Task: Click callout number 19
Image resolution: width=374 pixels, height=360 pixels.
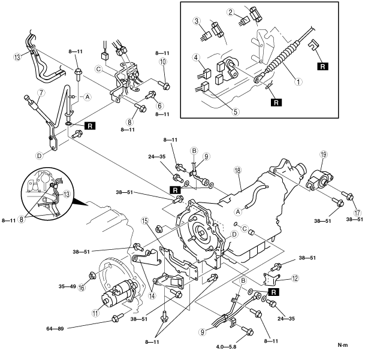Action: point(324,155)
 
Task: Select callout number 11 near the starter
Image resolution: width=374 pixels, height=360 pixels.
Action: point(96,313)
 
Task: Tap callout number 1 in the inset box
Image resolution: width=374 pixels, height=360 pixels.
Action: point(298,82)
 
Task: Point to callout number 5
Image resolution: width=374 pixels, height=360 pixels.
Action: point(236,111)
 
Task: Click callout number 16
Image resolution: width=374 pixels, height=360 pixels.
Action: point(82,288)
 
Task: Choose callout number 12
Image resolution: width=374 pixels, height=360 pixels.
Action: point(295,278)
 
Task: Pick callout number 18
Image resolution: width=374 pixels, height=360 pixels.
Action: point(238,170)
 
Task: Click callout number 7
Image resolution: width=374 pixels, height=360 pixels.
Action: point(41,93)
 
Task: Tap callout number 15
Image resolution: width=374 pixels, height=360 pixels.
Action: point(145,221)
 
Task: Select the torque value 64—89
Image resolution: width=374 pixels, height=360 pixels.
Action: point(55,329)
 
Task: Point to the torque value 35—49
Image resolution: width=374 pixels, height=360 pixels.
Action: point(67,286)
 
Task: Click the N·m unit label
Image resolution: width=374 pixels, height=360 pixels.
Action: point(343,345)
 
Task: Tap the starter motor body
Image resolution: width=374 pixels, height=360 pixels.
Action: point(117,293)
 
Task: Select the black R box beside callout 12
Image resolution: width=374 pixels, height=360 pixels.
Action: point(273,292)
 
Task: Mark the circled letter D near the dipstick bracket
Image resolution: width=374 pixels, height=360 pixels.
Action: point(40,156)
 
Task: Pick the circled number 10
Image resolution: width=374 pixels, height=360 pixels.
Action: point(163,62)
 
